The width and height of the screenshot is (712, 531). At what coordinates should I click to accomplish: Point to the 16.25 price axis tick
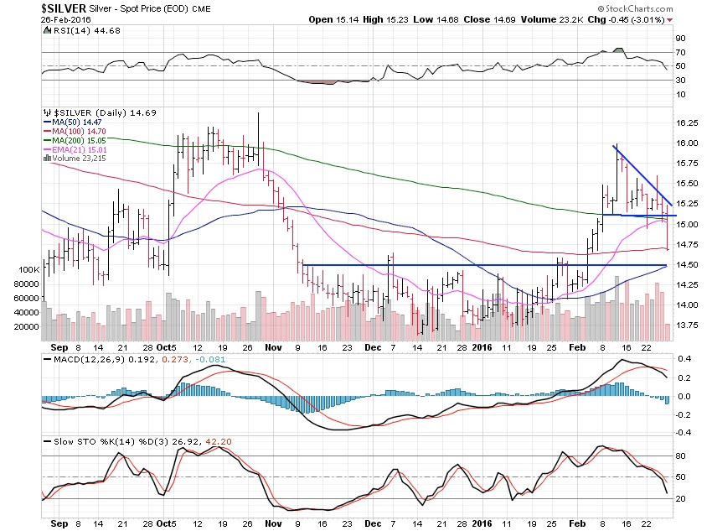(x=686, y=122)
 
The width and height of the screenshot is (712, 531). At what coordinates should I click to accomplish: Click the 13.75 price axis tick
(x=686, y=325)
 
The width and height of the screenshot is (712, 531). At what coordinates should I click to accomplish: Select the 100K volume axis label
(x=28, y=270)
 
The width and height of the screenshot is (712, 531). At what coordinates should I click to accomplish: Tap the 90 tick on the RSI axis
(x=682, y=38)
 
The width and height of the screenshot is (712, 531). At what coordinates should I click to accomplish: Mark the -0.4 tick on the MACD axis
(x=684, y=433)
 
